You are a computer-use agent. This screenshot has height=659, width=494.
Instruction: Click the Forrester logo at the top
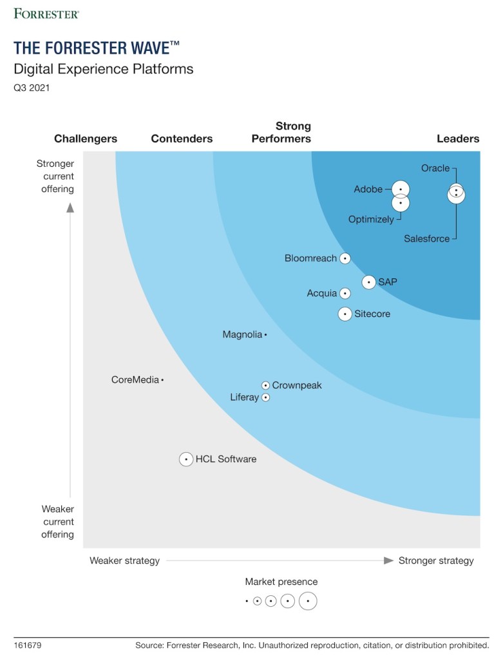[x=46, y=13]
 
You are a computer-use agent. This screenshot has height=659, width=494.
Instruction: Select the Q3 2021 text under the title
[x=32, y=88]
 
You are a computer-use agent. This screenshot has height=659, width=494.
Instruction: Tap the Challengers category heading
[x=86, y=138]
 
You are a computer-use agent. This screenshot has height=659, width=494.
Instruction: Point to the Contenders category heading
[x=182, y=138]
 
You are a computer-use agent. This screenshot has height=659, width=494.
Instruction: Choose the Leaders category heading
[x=458, y=138]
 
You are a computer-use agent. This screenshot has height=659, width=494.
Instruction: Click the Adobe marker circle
[x=401, y=189]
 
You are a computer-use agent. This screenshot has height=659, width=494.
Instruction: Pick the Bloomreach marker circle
[x=345, y=258]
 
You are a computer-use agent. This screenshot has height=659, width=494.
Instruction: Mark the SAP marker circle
[x=368, y=282]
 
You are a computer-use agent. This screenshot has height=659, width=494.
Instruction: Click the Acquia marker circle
[x=345, y=294]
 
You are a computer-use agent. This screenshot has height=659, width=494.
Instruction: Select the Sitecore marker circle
[x=345, y=314]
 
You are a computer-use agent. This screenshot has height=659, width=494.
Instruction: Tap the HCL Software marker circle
[x=186, y=459]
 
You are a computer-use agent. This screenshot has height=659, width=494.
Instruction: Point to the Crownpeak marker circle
[x=265, y=385]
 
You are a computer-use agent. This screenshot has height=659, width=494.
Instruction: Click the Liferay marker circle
[x=265, y=397]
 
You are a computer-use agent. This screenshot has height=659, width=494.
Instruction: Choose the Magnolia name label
[x=242, y=334]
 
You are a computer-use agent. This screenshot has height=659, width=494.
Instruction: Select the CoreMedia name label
[x=135, y=380]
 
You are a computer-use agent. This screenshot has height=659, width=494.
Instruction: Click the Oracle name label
[x=435, y=168]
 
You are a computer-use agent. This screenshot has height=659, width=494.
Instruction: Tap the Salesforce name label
[x=427, y=238]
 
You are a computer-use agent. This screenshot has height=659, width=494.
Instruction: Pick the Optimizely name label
[x=371, y=219]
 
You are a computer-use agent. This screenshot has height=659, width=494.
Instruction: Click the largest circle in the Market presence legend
[x=308, y=601]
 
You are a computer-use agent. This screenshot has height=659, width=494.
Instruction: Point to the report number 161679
[x=28, y=645]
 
